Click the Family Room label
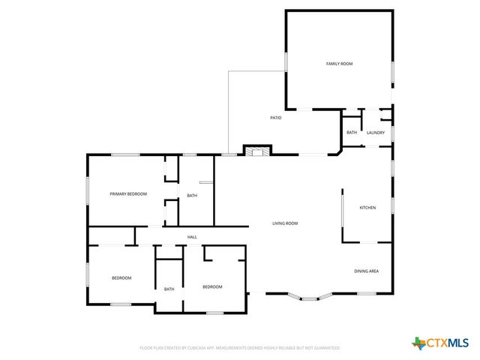click(339, 64)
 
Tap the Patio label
click(276, 118)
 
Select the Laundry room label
click(376, 133)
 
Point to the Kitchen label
click(367, 208)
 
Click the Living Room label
click(285, 223)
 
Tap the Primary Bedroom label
click(128, 194)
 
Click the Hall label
click(193, 237)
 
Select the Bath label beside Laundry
click(352, 133)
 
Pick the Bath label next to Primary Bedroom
click(192, 196)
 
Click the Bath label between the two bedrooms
click(169, 289)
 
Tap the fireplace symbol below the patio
click(256, 151)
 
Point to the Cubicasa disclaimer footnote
click(240, 348)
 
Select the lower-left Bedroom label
click(121, 278)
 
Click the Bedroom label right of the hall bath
click(212, 286)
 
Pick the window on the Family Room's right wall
click(392, 71)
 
